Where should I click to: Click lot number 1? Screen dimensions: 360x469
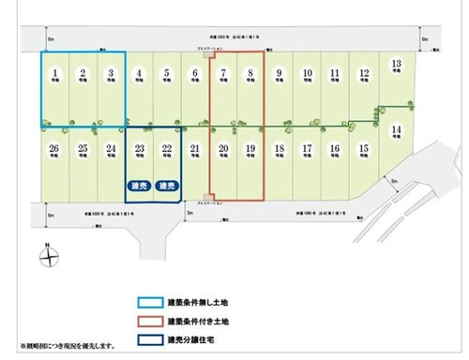point(55,73)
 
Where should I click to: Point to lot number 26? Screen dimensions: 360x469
point(54,150)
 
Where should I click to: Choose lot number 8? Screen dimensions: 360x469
point(250,73)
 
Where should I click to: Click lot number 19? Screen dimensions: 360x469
point(250,150)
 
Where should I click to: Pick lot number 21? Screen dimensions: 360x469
point(194,150)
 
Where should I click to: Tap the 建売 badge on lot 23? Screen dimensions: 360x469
point(140,187)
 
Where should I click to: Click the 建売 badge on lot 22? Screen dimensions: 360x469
point(167,187)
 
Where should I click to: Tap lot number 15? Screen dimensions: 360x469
point(363,150)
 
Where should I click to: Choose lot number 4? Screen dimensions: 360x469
point(139,73)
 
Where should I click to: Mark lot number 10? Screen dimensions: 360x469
point(307,73)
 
